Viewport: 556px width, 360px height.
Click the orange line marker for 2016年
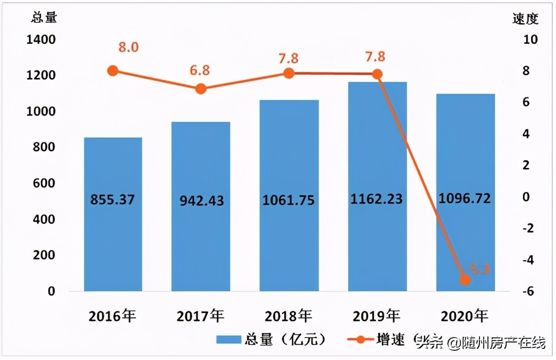(x=113, y=71)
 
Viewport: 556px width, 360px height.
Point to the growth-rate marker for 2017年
(x=200, y=89)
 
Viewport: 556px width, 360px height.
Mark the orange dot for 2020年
(x=465, y=280)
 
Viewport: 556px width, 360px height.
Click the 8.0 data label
(x=128, y=47)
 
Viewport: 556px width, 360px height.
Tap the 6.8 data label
(x=199, y=70)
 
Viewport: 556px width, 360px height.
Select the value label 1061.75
(x=289, y=200)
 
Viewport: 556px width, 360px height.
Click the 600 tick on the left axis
(x=45, y=183)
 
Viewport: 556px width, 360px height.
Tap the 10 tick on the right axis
(x=530, y=40)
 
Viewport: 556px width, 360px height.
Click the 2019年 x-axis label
(x=377, y=317)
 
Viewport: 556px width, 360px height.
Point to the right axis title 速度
(x=525, y=19)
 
